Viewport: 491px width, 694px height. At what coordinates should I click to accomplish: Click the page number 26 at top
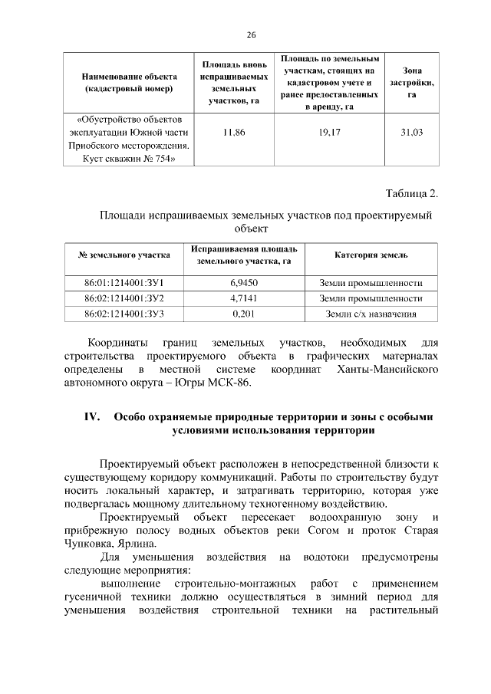click(251, 35)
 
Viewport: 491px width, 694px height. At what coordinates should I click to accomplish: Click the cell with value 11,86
click(233, 133)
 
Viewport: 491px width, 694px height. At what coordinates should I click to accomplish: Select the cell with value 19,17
click(330, 133)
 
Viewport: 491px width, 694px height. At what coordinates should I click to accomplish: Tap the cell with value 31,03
click(411, 133)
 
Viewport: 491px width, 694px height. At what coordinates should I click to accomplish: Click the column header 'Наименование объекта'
click(129, 82)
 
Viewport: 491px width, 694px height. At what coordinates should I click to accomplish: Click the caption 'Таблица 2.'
click(411, 192)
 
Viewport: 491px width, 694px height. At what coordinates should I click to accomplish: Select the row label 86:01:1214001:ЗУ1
click(124, 283)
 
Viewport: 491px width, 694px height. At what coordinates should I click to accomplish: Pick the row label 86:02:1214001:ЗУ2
click(124, 298)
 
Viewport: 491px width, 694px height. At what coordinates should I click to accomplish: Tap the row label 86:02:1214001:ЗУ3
click(124, 314)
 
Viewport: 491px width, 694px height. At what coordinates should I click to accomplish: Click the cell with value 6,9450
click(243, 283)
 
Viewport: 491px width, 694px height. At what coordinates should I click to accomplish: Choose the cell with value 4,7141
click(243, 298)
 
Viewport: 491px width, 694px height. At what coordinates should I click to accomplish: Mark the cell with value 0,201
click(243, 314)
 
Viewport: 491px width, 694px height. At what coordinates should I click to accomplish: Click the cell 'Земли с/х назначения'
click(371, 314)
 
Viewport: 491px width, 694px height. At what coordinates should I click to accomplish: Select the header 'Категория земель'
click(371, 255)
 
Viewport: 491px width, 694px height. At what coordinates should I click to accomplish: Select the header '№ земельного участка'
click(124, 255)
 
